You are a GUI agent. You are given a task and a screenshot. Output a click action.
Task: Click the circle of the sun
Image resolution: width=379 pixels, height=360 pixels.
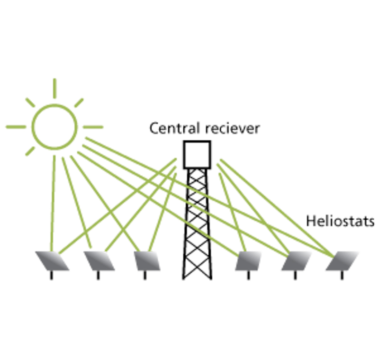coord(54,126)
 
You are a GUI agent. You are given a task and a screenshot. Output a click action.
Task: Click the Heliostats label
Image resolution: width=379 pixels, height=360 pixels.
coord(340,221)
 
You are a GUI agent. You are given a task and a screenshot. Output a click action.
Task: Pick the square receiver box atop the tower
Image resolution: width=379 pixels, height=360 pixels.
coord(197,154)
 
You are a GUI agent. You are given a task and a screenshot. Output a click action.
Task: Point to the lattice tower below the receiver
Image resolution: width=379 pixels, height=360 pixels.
coord(197,227)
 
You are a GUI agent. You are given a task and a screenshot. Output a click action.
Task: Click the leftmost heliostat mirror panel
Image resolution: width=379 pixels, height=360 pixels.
coord(52,261)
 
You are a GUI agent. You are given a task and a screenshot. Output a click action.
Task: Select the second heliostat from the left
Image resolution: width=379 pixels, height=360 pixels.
coord(99,261)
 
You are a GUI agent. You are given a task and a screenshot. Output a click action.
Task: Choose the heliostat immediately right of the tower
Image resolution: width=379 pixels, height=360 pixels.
coord(248,261)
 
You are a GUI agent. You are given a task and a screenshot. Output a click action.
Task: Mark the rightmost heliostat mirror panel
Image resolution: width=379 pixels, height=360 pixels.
coord(342,261)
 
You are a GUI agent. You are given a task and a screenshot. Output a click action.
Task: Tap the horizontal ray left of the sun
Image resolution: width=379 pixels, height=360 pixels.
coord(16,127)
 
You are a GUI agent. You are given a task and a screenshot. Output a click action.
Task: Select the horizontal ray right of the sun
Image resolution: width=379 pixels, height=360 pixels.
coord(93,127)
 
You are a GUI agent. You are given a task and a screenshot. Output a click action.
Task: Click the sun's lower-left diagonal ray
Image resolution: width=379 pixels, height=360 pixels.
coord(30,151)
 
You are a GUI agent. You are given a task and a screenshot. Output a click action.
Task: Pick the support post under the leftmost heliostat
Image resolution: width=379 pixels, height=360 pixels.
coord(52,275)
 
